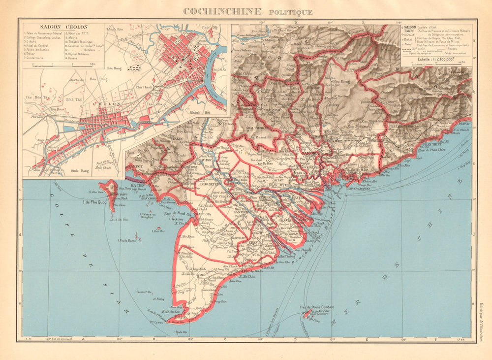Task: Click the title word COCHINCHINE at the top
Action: pyautogui.click(x=222, y=11)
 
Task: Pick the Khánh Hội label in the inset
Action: pyautogui.click(x=199, y=113)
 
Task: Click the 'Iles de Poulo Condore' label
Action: pyautogui.click(x=317, y=307)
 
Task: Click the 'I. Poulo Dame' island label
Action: pyautogui.click(x=126, y=241)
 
